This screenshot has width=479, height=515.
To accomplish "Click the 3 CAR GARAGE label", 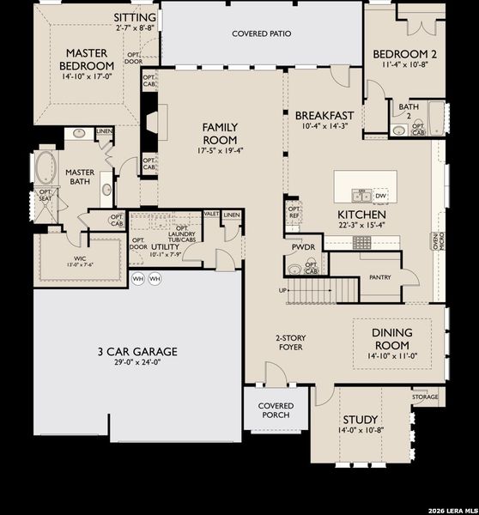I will [137, 351].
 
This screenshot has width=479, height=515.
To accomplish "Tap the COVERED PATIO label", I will [262, 34].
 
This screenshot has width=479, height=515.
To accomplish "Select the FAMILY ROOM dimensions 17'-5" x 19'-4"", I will [221, 150].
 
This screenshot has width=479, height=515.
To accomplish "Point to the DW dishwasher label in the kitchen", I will [381, 196].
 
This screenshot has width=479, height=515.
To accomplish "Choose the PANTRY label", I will [380, 278].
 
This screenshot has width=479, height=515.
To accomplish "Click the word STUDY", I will [361, 420].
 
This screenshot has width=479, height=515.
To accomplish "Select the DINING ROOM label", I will [393, 338].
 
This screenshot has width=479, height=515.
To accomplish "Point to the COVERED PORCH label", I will [276, 410].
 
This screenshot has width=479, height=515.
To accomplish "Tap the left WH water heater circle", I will [138, 279].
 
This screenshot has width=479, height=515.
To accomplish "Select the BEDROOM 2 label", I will [405, 55].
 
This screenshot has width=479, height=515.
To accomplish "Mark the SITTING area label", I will [135, 17].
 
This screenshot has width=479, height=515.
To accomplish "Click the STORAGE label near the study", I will [425, 397].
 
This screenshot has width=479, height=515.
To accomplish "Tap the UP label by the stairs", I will [283, 291].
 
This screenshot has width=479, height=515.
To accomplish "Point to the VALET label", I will [211, 214].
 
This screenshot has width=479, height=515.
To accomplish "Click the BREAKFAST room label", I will [324, 116].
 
